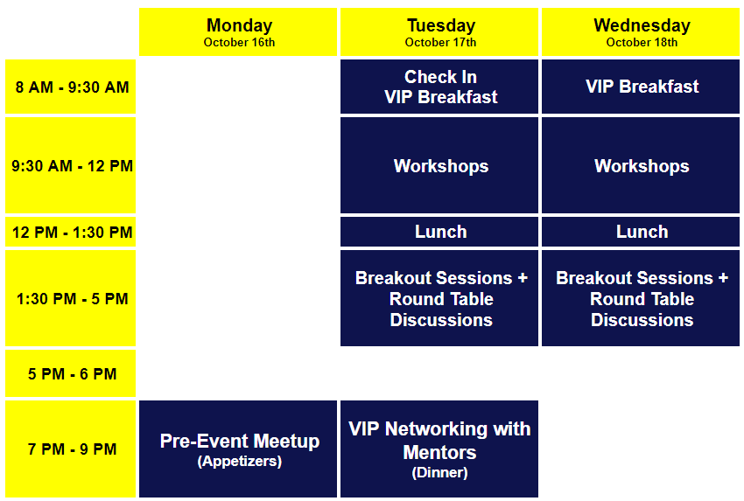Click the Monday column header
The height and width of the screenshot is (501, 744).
pos(238,31)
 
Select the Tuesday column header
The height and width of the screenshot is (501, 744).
pos(439,31)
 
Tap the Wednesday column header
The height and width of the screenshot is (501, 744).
pos(641,31)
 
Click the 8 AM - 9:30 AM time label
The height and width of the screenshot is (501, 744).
pos(70,87)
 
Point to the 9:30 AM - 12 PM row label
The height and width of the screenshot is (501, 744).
pos(70,165)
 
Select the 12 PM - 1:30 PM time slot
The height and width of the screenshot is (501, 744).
pos(70,232)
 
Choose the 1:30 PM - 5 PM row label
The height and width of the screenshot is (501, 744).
pos(70,298)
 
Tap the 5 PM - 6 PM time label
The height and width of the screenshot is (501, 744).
pos(70,373)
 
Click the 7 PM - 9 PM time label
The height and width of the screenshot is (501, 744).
pos(70,449)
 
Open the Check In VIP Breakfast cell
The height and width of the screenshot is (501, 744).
pos(439,87)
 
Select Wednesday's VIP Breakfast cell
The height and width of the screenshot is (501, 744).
pos(641,87)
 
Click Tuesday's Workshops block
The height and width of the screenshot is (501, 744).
pos(439,165)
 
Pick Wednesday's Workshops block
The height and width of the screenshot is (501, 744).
pos(641,165)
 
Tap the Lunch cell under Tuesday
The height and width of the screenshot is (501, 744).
pos(439,232)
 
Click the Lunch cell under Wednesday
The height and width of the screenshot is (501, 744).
pos(641,232)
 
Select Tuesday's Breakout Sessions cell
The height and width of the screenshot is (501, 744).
pos(439,298)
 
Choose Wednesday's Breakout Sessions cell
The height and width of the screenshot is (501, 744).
pos(641,298)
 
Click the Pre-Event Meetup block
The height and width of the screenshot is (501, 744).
pos(238,449)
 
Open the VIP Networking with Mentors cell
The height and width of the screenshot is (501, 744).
pos(439,449)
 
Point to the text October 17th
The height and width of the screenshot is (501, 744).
pos(440,42)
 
